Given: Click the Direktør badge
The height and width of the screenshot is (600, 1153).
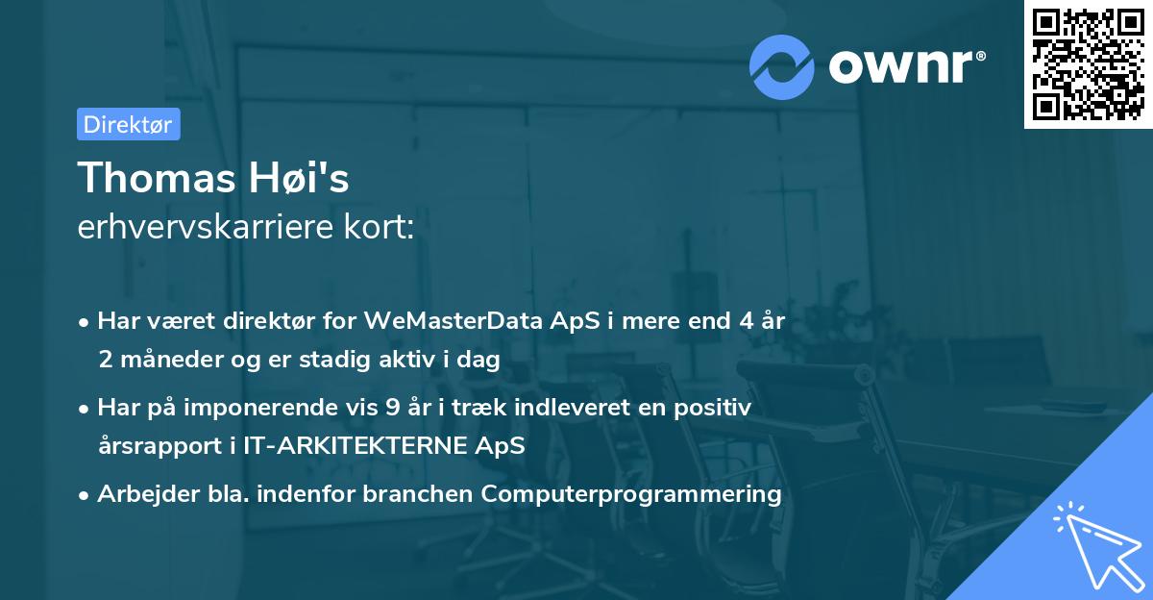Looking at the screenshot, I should pos(128,124).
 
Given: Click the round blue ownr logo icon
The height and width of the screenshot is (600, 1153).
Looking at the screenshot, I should pos(782,66).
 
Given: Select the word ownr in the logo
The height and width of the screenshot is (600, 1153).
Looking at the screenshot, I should pos(906,67).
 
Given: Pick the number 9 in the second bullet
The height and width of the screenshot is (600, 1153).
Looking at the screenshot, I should pos(391,408).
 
